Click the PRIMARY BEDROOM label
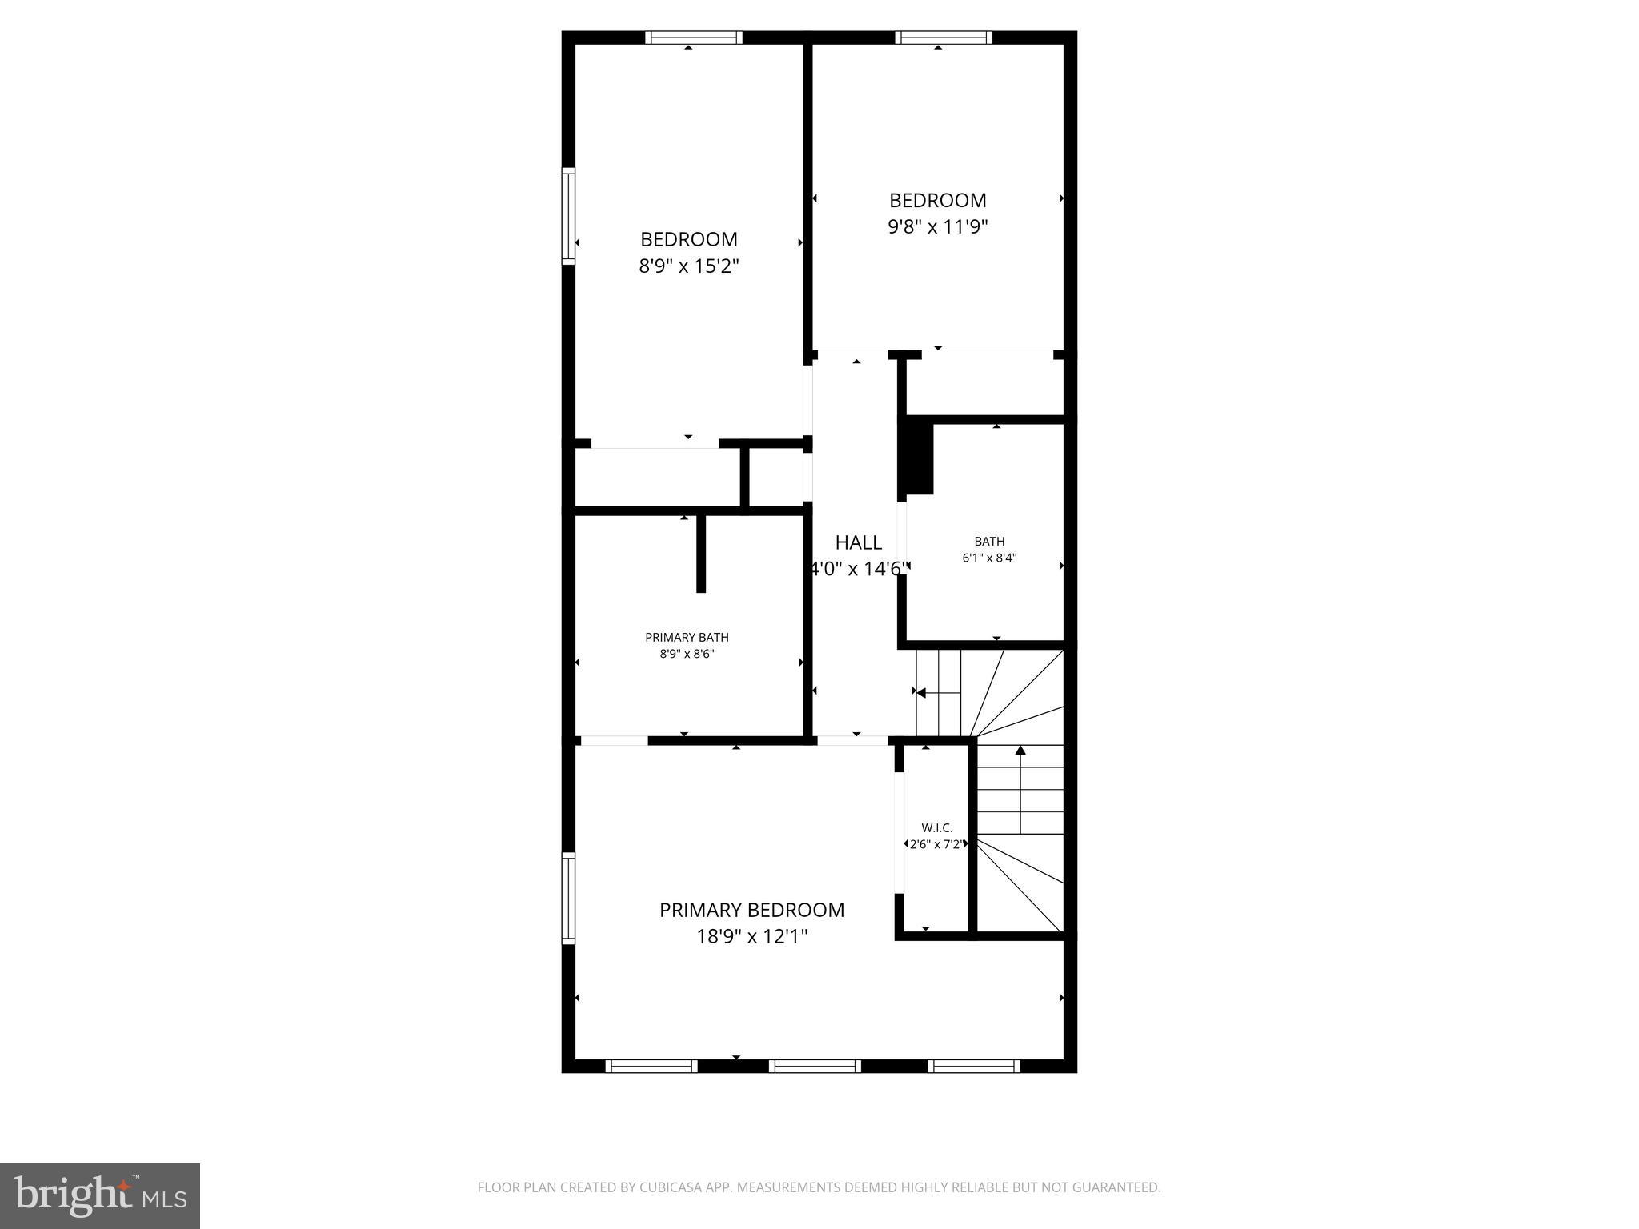[x=751, y=910]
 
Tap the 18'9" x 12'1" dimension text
[x=751, y=936]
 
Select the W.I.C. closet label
[x=936, y=828]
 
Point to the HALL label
[x=858, y=542]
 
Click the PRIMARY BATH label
[x=687, y=638]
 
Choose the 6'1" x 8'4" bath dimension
[x=989, y=558]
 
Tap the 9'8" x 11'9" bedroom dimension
[x=937, y=226]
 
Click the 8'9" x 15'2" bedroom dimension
[x=688, y=266]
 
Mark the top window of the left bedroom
[x=694, y=37]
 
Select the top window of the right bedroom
[x=944, y=37]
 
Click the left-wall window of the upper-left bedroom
[x=568, y=216]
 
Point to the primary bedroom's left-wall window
[x=568, y=897]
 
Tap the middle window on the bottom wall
[x=815, y=1066]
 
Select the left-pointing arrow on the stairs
[x=921, y=692]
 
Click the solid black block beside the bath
[x=917, y=458]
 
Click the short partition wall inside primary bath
[x=701, y=553]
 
